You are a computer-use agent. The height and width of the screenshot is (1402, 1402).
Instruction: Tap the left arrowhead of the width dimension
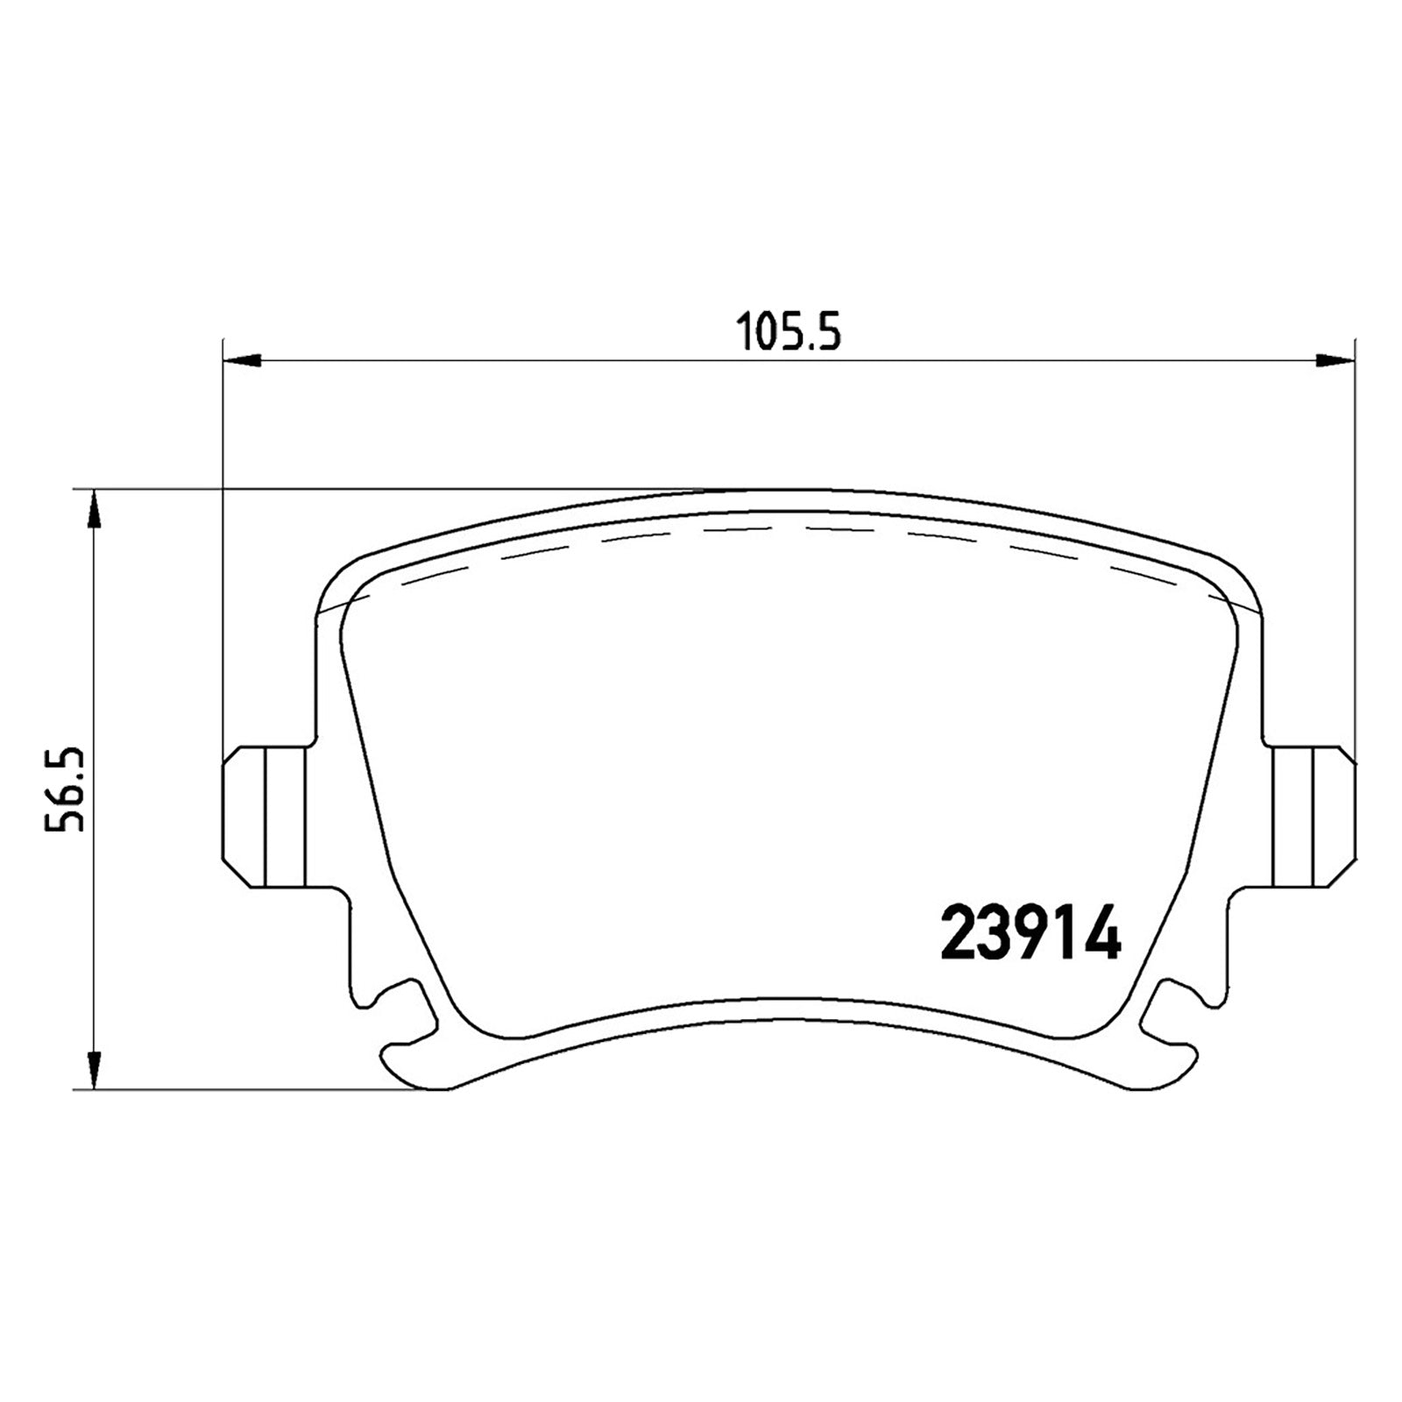click(243, 358)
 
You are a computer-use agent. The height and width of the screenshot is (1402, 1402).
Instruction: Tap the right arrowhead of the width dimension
click(1335, 358)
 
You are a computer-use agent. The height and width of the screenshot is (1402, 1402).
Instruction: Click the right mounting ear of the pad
click(1312, 817)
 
